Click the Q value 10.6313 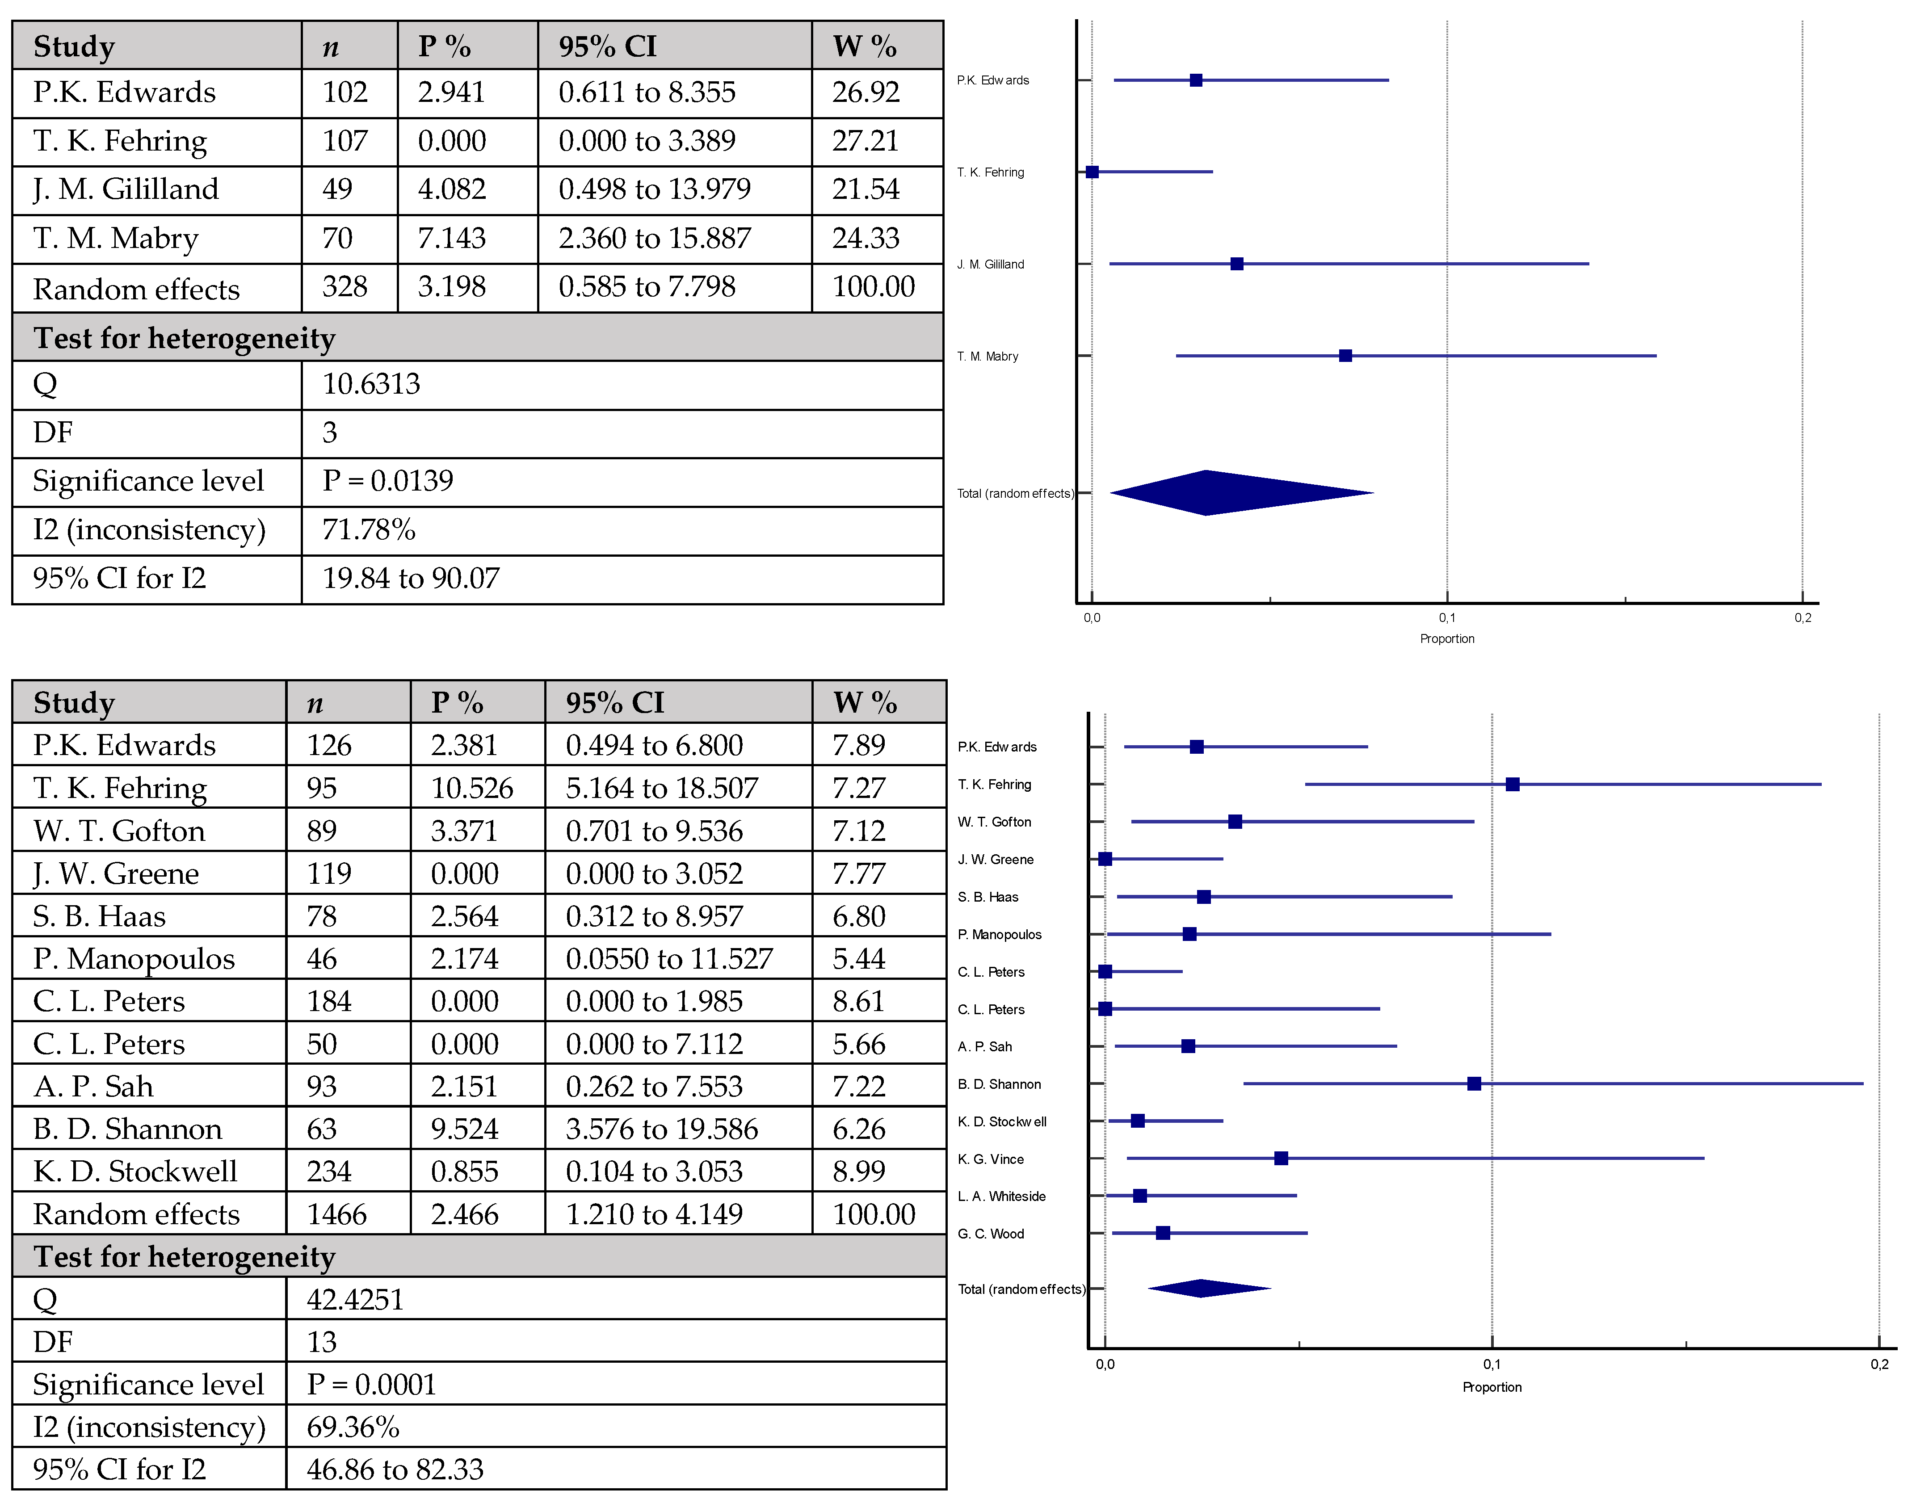[x=371, y=385]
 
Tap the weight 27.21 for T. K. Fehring [x=865, y=141]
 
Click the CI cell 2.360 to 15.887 [x=655, y=239]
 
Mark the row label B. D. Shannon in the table [x=128, y=1129]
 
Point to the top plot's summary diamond [x=1223, y=493]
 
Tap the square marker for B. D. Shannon [x=1474, y=1083]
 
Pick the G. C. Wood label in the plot [x=991, y=1234]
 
